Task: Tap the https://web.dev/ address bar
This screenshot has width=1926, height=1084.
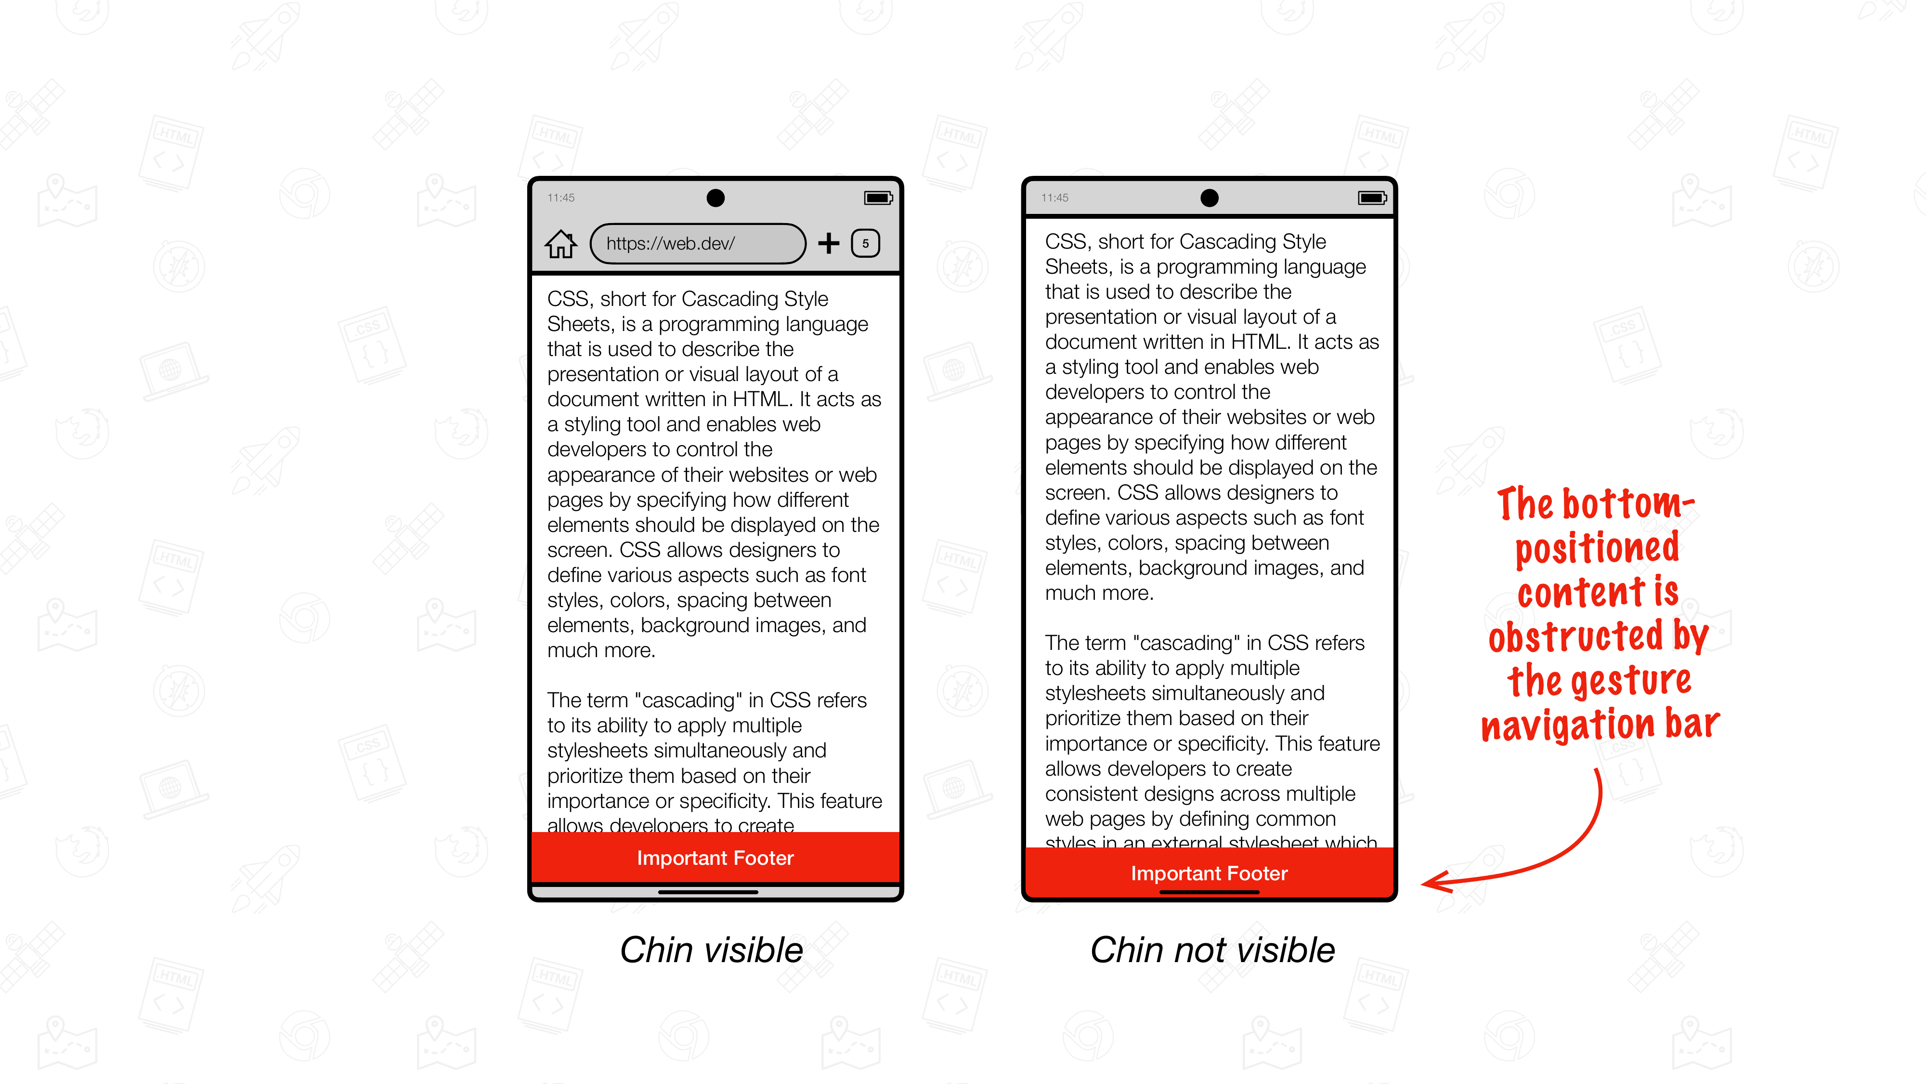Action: pyautogui.click(x=697, y=243)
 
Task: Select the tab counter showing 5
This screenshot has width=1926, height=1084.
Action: pyautogui.click(x=865, y=243)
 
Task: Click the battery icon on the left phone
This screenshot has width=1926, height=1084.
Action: pyautogui.click(x=878, y=198)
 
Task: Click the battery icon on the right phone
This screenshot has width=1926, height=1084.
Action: pyautogui.click(x=1372, y=198)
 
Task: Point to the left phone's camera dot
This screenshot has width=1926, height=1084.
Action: pyautogui.click(x=716, y=198)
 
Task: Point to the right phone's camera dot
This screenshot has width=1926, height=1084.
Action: pyautogui.click(x=1209, y=198)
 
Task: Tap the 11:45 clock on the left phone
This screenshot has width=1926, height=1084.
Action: pyautogui.click(x=561, y=198)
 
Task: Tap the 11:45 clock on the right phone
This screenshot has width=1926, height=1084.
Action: pyautogui.click(x=1054, y=198)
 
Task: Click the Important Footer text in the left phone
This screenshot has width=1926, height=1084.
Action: pyautogui.click(x=715, y=858)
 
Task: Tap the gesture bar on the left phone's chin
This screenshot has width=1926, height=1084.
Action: pyautogui.click(x=707, y=892)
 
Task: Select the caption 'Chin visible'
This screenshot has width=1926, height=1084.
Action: pyautogui.click(x=711, y=950)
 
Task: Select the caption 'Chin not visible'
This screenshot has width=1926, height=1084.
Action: pyautogui.click(x=1212, y=950)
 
